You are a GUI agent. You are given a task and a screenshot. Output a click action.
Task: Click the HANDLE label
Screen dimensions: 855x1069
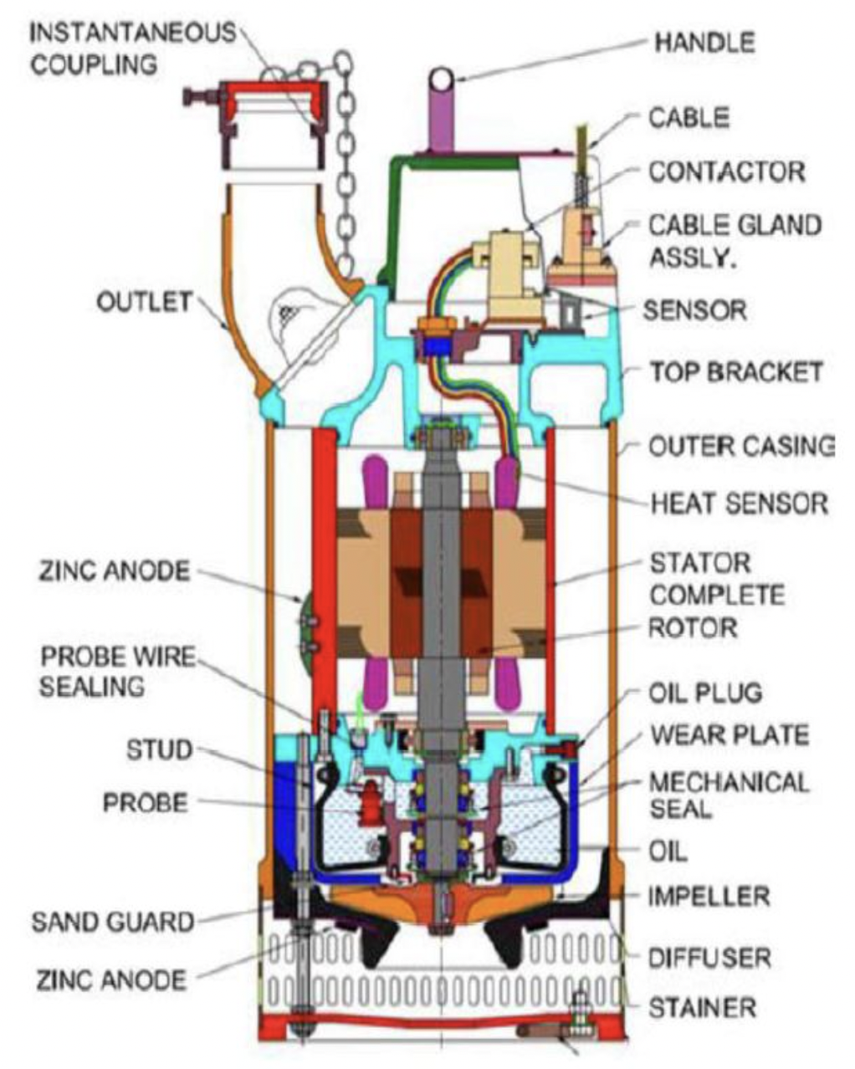coord(704,43)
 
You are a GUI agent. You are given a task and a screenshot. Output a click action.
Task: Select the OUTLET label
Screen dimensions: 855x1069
coord(144,302)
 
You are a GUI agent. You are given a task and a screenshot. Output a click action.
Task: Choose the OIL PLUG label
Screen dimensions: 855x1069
coord(705,693)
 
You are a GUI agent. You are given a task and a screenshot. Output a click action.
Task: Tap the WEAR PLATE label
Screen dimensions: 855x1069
coord(729,735)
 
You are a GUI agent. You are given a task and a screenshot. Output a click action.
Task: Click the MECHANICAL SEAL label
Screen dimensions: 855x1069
coord(729,795)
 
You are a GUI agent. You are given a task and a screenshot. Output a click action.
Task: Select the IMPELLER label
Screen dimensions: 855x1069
coord(709,897)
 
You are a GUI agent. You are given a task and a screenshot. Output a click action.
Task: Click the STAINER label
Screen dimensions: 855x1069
coord(702,1007)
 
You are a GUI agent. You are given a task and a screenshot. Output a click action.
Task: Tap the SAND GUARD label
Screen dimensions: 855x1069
coord(112,923)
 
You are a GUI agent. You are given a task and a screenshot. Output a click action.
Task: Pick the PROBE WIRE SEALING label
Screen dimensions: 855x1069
coord(117,671)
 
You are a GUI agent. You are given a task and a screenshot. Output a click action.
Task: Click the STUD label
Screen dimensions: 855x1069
coord(159,749)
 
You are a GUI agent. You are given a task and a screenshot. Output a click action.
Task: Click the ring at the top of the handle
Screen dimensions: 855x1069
coord(442,79)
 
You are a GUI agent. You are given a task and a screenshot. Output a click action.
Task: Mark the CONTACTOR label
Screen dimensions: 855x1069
coord(726,171)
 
